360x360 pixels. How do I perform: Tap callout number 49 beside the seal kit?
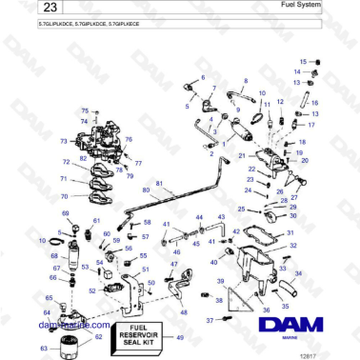(x=181, y=335)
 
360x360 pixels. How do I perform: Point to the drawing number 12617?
(x=332, y=354)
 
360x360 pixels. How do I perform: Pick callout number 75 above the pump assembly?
(x=83, y=111)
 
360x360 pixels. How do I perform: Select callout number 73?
(x=64, y=141)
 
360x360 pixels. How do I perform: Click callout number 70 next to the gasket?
(x=65, y=192)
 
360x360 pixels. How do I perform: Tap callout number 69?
(x=66, y=213)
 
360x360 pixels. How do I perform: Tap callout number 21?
(x=242, y=154)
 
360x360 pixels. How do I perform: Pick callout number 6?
(x=202, y=76)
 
